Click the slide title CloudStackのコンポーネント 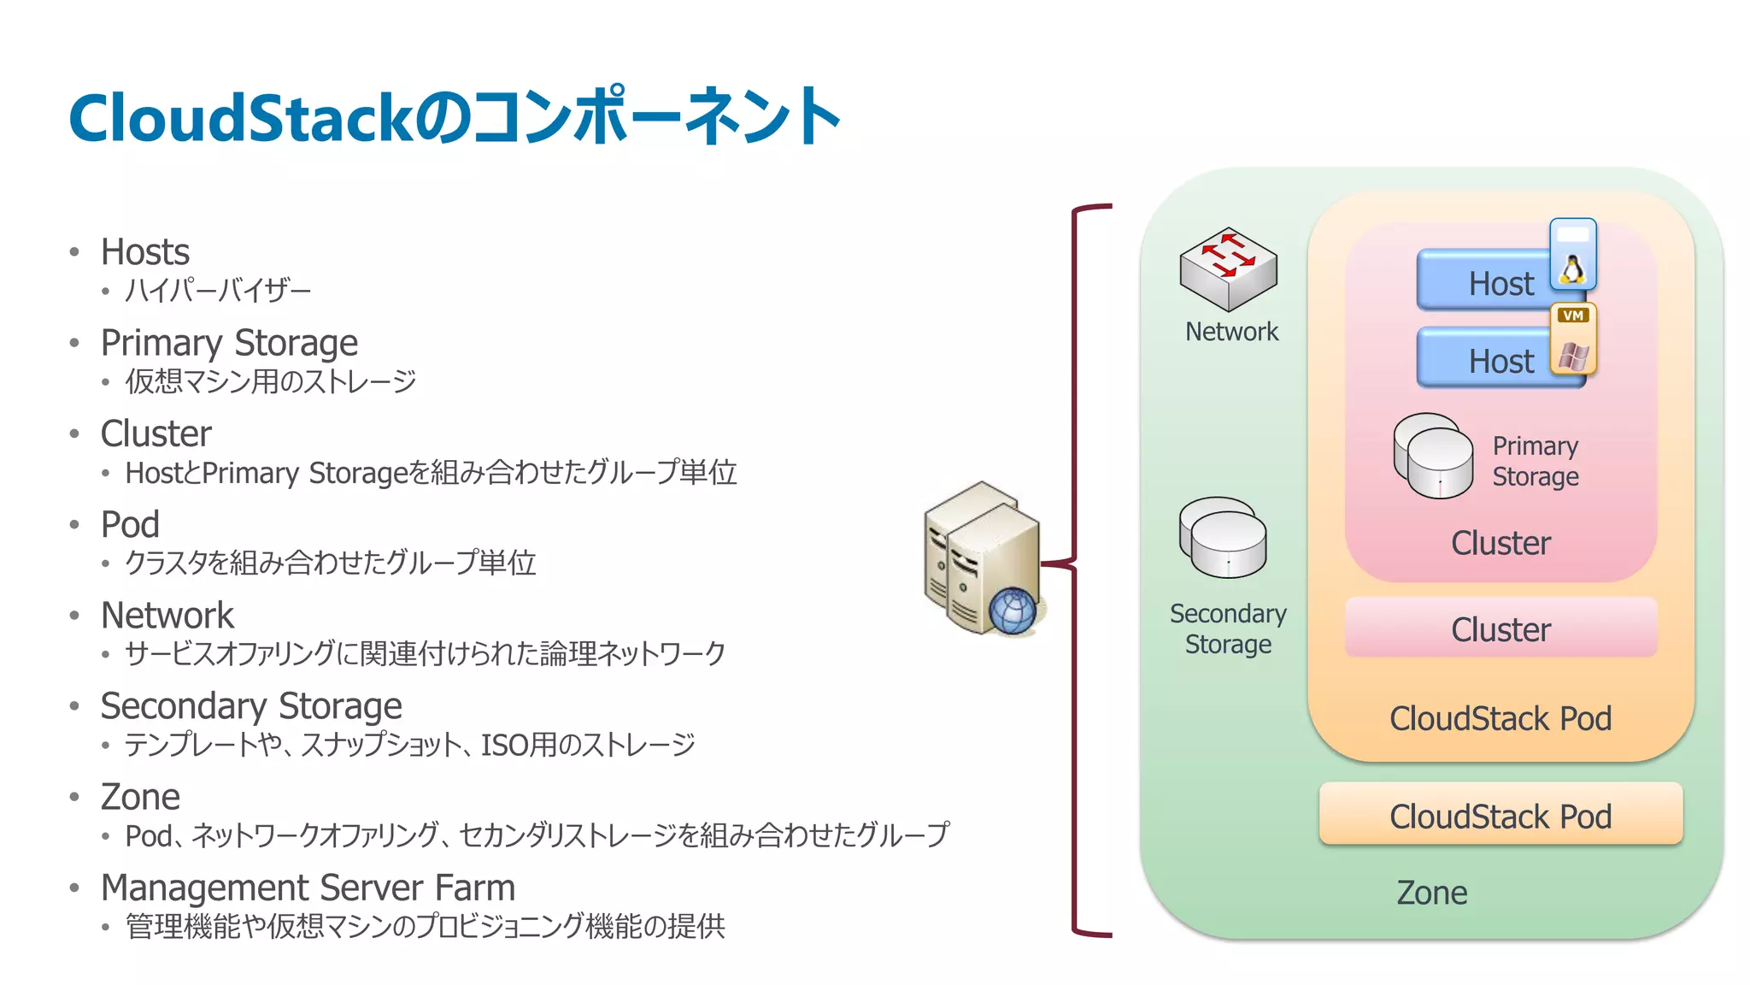tap(454, 117)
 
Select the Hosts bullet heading tap(144, 252)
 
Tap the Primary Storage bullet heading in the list tap(229, 343)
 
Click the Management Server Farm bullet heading tap(308, 888)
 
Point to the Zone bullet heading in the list tap(140, 797)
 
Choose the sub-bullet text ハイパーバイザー tap(218, 291)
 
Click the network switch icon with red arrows tap(1228, 268)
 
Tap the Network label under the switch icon tap(1231, 332)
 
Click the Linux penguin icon tap(1573, 268)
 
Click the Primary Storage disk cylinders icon tap(1433, 456)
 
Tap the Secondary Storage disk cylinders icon tap(1223, 538)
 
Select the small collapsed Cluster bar tap(1500, 628)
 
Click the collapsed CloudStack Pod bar tap(1500, 815)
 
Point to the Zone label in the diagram tap(1432, 893)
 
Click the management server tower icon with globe tap(983, 557)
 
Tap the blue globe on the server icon tap(1013, 611)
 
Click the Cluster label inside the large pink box tap(1500, 543)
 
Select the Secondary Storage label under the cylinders tap(1228, 628)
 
